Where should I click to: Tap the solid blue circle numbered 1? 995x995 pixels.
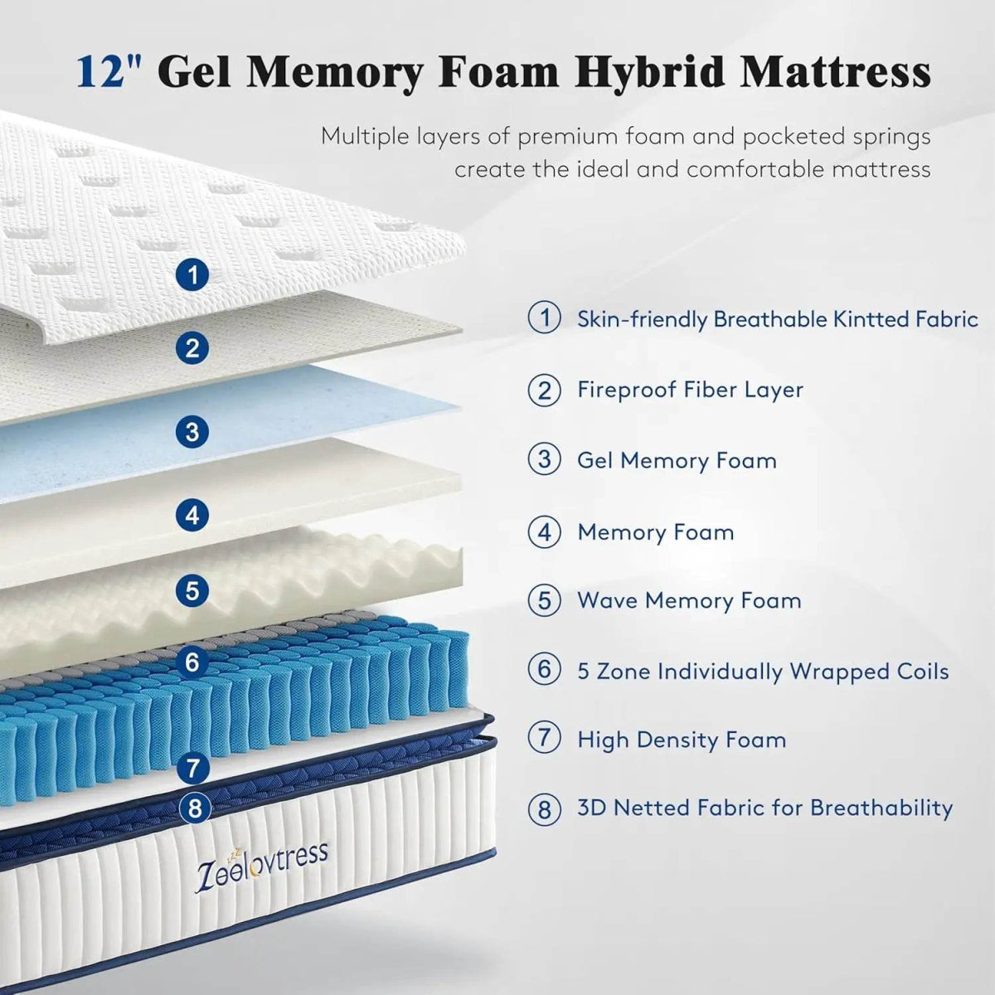coord(193,274)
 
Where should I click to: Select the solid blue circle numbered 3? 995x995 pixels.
coord(193,431)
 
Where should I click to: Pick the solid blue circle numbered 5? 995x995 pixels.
coord(193,590)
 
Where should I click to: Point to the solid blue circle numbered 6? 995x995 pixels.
coord(193,662)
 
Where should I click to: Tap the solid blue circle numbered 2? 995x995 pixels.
coord(193,348)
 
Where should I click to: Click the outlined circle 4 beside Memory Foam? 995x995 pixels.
coord(545,531)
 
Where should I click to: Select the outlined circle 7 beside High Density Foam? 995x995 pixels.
coord(545,739)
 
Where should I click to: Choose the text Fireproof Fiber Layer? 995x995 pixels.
coord(690,390)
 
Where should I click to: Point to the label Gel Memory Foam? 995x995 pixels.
coord(677,460)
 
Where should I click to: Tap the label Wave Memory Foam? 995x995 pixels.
coord(689,600)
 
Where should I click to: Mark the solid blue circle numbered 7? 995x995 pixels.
coord(193,768)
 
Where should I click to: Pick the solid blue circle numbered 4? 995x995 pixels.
coord(193,516)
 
